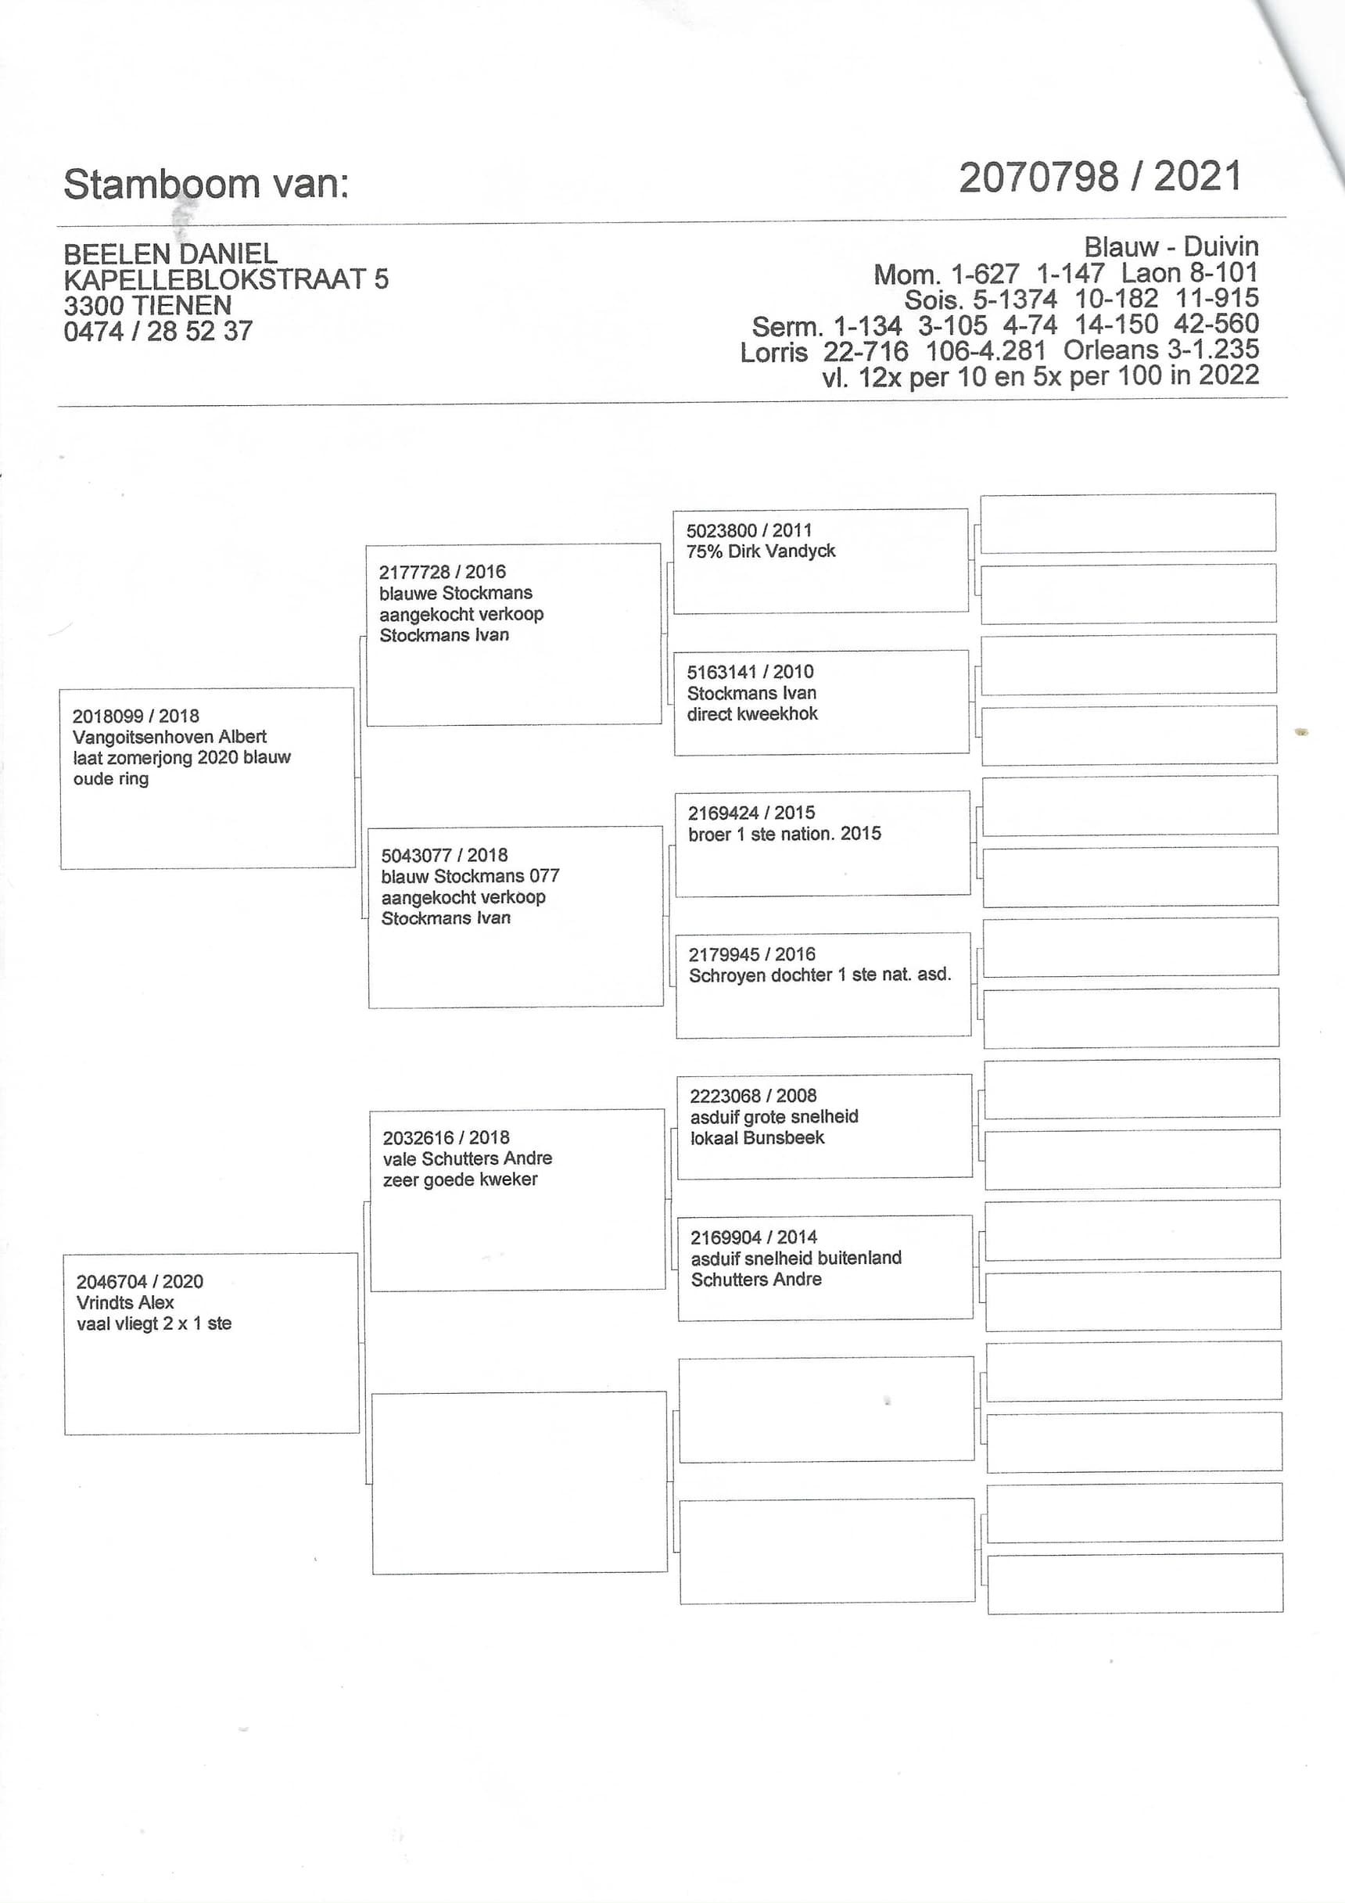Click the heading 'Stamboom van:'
point(206,184)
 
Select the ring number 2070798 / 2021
point(1099,178)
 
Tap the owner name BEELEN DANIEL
point(170,253)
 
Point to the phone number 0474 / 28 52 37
point(157,332)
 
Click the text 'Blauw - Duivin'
point(1170,247)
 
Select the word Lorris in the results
point(773,352)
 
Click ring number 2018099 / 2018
point(135,716)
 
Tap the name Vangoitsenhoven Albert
point(169,737)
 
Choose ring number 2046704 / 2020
point(139,1281)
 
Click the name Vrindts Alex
point(124,1302)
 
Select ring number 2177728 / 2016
point(442,572)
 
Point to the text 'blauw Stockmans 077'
point(470,876)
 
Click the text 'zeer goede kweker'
point(460,1180)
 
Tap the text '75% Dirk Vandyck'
point(760,551)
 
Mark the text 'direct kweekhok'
point(751,714)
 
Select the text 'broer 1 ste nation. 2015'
point(784,834)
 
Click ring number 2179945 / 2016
point(751,955)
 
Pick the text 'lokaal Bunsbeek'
point(757,1138)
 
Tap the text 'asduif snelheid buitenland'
point(795,1258)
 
